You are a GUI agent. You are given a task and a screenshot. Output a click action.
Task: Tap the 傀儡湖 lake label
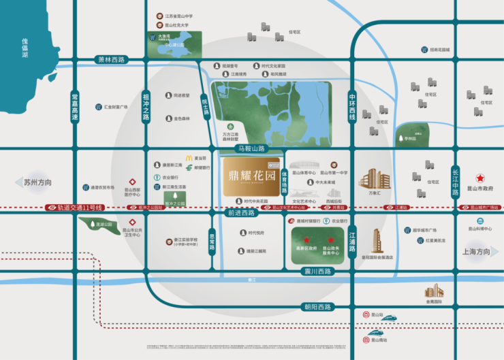25,50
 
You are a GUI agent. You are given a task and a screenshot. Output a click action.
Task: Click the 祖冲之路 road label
145,108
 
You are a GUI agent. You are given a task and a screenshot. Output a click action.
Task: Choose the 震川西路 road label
316,272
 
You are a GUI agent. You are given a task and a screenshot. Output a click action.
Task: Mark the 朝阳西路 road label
316,307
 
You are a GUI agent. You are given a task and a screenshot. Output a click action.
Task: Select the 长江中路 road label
456,182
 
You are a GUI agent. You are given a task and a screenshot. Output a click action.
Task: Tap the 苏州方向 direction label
37,183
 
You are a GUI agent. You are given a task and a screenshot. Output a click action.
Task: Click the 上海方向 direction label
475,252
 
